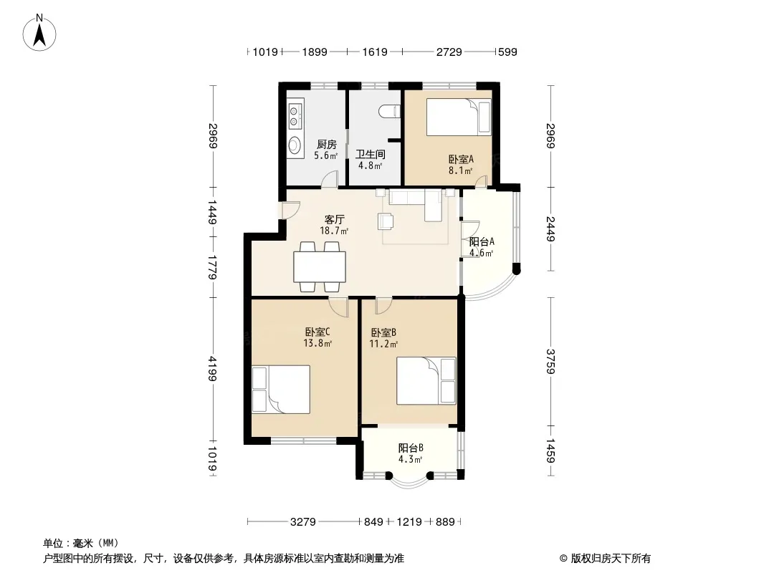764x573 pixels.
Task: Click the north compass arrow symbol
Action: (39, 32)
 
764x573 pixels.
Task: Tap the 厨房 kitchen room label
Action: (326, 144)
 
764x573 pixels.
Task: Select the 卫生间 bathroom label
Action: (371, 154)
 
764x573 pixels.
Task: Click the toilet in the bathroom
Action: (389, 111)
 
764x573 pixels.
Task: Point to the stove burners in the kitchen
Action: (294, 115)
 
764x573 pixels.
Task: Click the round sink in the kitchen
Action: (295, 145)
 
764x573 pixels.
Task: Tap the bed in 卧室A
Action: (459, 117)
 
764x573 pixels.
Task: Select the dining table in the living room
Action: (320, 266)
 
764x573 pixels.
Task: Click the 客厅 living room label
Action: (334, 220)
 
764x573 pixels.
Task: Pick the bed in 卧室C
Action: (281, 390)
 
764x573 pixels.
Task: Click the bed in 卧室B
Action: (426, 381)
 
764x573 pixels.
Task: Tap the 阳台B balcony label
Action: (410, 448)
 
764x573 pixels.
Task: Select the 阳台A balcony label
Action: (482, 241)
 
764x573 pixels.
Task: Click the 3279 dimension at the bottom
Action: (303, 522)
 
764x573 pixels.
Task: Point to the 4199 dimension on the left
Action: (212, 369)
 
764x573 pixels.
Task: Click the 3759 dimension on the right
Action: (550, 361)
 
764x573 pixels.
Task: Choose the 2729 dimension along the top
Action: (449, 52)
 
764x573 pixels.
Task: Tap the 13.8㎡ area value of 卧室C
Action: (317, 343)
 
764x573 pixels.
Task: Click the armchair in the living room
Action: (386, 221)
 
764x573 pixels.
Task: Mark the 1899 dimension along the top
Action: (315, 52)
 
